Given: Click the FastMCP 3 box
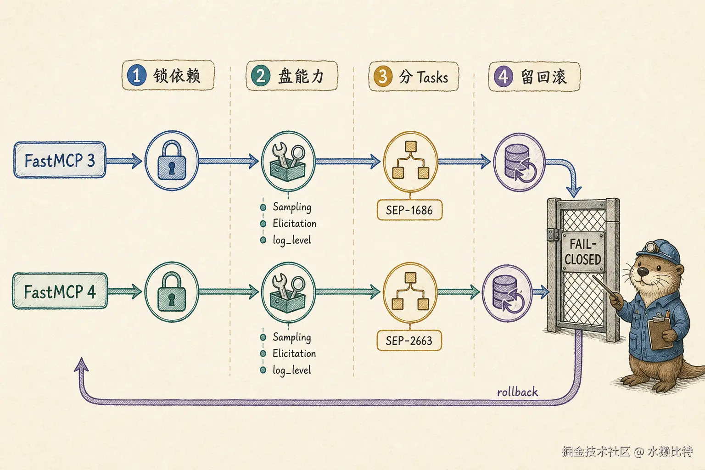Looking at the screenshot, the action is tap(60, 160).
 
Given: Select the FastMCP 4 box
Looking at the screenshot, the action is tap(60, 291).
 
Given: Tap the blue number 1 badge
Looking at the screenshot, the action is tap(137, 76).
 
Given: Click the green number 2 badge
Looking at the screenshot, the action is tap(261, 76).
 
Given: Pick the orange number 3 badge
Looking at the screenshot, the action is tap(382, 76).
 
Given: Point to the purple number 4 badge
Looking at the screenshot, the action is tap(503, 77).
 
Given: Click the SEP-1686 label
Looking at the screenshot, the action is tap(409, 210).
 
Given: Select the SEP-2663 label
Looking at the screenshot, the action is tap(409, 340).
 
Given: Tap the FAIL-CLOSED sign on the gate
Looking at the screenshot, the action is tap(583, 252).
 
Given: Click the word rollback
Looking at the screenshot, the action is tap(517, 392).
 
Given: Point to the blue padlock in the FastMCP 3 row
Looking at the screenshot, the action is tap(172, 160).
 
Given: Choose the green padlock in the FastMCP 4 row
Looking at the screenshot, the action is tap(172, 292).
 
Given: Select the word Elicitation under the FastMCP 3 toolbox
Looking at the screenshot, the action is tap(294, 224).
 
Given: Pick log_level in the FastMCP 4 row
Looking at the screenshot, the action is tap(292, 370).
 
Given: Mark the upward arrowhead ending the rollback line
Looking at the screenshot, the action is tap(82, 365).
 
